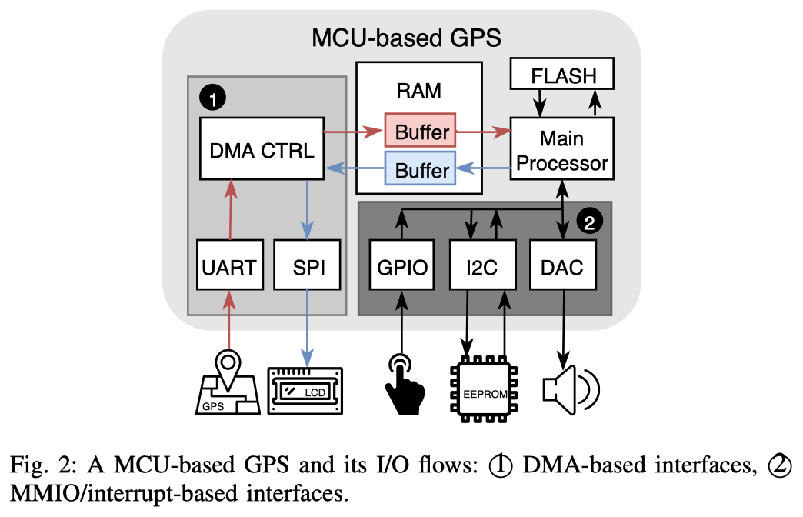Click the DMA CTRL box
tap(261, 149)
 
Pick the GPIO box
tap(399, 266)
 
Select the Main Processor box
tap(562, 150)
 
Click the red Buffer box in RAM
tap(421, 132)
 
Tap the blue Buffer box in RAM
tap(421, 168)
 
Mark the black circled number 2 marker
tap(588, 223)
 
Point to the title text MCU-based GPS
tap(406, 36)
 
